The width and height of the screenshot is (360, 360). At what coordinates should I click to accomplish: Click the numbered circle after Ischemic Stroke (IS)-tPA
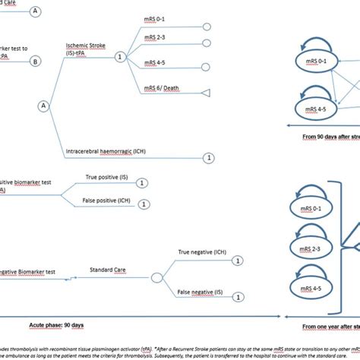(x=118, y=57)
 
